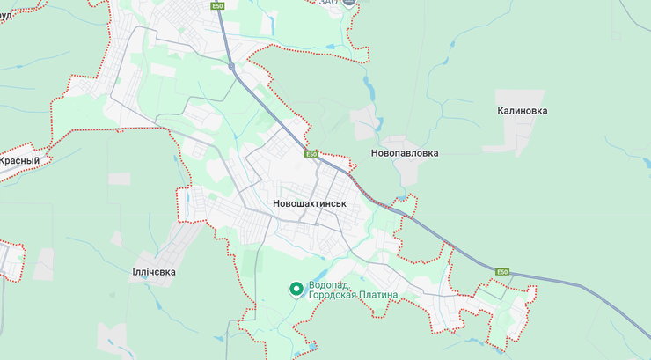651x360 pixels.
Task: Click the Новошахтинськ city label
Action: tap(310, 203)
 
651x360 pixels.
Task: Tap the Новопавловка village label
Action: tap(405, 153)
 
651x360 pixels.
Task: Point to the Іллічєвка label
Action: tap(154, 272)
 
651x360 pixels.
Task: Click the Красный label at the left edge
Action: tap(19, 161)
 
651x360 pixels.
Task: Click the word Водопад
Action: tap(328, 285)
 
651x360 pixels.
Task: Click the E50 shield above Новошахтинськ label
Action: tap(311, 154)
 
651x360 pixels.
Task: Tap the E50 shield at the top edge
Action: tap(217, 5)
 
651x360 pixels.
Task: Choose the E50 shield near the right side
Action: tap(502, 271)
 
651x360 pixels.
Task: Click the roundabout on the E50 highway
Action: tap(231, 66)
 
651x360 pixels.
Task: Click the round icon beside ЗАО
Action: tap(349, 3)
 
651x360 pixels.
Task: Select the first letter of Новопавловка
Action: tap(376, 153)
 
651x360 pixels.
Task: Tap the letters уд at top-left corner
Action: tap(5, 3)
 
